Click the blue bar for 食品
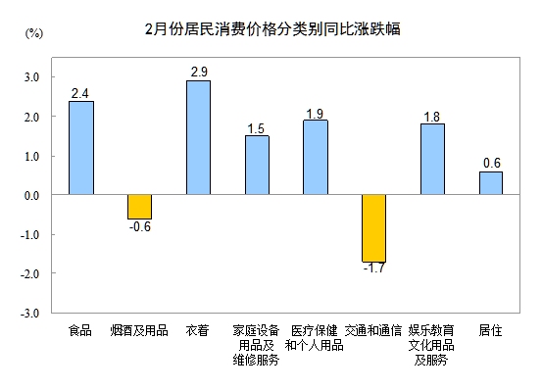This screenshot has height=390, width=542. (x=81, y=148)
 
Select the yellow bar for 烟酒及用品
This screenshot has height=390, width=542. (x=139, y=206)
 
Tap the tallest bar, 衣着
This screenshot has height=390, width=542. (x=198, y=137)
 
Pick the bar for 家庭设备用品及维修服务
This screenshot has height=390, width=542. (x=257, y=165)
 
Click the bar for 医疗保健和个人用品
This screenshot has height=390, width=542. (x=315, y=157)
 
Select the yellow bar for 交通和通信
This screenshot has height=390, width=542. (x=373, y=228)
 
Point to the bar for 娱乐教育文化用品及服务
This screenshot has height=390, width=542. (x=432, y=159)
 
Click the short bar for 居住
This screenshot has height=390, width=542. (x=491, y=183)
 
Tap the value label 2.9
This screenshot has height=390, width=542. (x=198, y=73)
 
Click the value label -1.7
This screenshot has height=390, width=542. (x=373, y=268)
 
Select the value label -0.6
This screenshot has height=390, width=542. (x=140, y=227)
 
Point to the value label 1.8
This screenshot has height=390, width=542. (x=432, y=117)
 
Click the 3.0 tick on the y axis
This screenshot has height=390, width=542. (x=31, y=76)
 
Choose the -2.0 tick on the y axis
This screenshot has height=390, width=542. (x=30, y=274)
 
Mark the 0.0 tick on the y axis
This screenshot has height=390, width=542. (x=31, y=195)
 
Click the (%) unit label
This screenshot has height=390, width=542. (x=32, y=35)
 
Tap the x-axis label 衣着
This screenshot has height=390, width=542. (x=197, y=330)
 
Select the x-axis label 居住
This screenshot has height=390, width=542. (x=490, y=330)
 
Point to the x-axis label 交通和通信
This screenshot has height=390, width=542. (x=373, y=330)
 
